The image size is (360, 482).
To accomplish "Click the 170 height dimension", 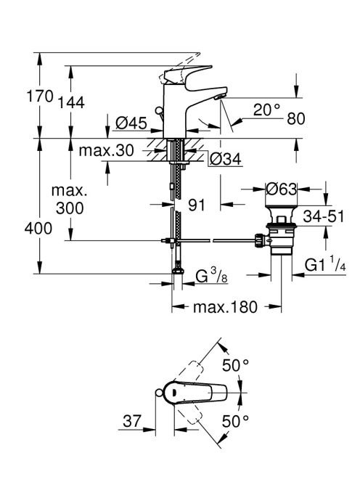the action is coord(40,96).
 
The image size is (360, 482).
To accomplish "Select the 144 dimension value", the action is coord(71,102).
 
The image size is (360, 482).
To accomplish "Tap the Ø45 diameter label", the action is coord(131,123).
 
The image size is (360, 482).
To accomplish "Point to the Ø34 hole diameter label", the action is coord(225,159).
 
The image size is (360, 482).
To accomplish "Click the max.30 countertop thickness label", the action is coord(107,151).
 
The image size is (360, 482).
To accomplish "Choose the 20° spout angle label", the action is coord(267,110).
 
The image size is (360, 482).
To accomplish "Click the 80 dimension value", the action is coord(296,118).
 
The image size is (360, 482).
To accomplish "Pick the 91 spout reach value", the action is coord(197,205).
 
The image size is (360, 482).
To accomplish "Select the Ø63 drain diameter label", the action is coord(282,189).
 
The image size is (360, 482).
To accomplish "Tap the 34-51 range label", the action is coord(324,216).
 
